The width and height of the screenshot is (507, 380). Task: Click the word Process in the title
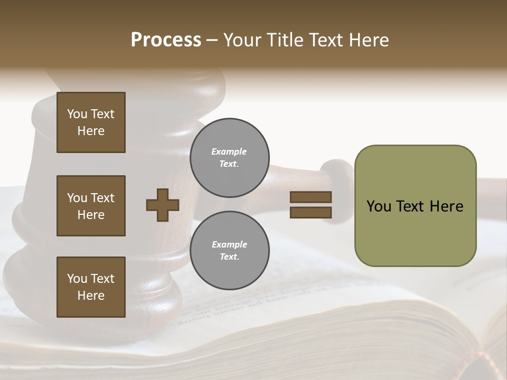[x=166, y=40]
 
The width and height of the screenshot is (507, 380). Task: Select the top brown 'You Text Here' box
[x=91, y=122]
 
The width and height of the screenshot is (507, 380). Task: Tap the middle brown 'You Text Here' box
[x=91, y=206]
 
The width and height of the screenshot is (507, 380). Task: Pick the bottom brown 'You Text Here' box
[x=91, y=287]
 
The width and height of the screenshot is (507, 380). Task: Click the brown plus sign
[x=163, y=205]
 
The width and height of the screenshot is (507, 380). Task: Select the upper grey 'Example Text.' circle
[x=229, y=158]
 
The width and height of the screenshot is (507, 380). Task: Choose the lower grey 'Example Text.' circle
[x=229, y=251]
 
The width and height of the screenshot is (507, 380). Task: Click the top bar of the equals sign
[x=311, y=197]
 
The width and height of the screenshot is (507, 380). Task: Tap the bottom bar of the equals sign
[x=311, y=212]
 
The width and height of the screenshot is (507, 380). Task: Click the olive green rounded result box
[x=415, y=232]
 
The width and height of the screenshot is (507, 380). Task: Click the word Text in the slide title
[x=326, y=40]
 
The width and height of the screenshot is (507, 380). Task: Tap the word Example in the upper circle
[x=229, y=151]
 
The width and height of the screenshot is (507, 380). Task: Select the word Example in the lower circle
[x=229, y=244]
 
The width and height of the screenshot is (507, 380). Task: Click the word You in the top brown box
[x=77, y=114]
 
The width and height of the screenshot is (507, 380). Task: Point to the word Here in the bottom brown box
[x=91, y=296]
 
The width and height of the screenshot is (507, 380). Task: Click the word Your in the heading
[x=242, y=40]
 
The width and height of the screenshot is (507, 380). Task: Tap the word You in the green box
[x=378, y=206]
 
